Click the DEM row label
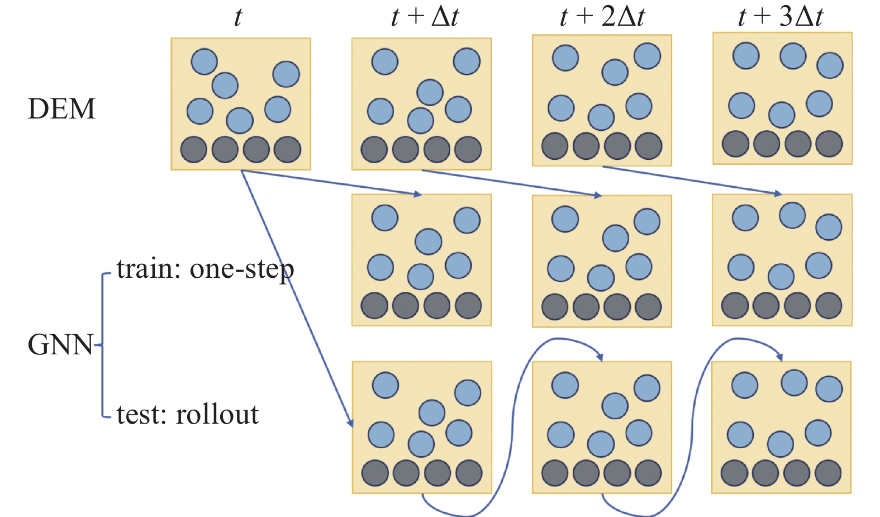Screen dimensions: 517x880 [x=61, y=108]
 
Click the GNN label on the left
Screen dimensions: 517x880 [x=60, y=345]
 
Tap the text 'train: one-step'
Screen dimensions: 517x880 [x=205, y=269]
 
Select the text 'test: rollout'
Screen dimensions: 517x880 [x=188, y=415]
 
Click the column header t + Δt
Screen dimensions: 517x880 [x=425, y=17]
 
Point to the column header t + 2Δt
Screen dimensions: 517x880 [x=602, y=17]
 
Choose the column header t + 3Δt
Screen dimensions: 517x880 [x=781, y=17]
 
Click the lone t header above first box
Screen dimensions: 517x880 [x=238, y=17]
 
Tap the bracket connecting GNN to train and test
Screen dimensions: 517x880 [x=103, y=345]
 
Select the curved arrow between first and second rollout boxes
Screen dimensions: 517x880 [x=512, y=425]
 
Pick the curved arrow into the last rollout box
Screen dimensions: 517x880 [x=693, y=425]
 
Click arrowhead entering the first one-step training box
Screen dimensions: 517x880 [x=417, y=195]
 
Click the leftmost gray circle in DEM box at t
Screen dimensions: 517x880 [x=194, y=150]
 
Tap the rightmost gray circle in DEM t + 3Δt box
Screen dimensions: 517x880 [x=829, y=144]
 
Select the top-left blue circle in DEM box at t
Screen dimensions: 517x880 [x=204, y=61]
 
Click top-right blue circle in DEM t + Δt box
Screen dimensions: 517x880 [x=467, y=61]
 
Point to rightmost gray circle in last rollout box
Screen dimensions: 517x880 [x=828, y=473]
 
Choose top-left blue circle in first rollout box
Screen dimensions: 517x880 [x=385, y=385]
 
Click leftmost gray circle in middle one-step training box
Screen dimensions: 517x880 [x=555, y=307]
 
